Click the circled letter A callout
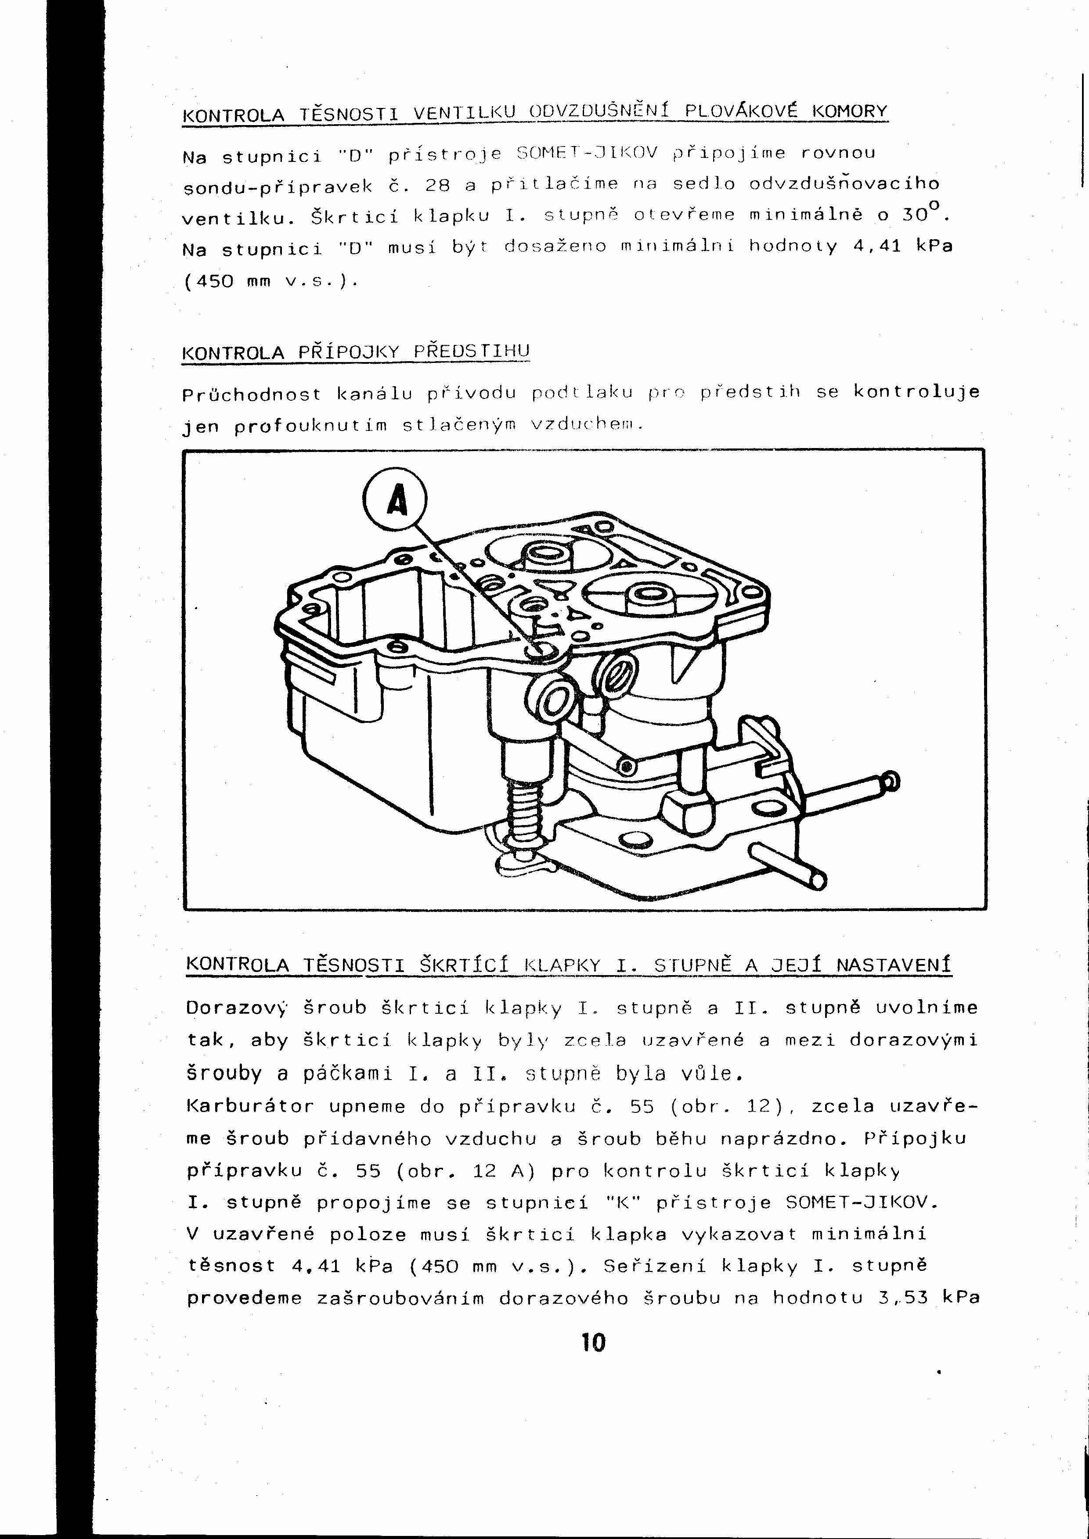tap(395, 500)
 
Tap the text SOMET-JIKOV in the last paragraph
tap(861, 1202)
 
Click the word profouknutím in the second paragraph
tap(310, 426)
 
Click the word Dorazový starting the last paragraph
tap(237, 1008)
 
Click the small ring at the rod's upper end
tap(892, 780)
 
